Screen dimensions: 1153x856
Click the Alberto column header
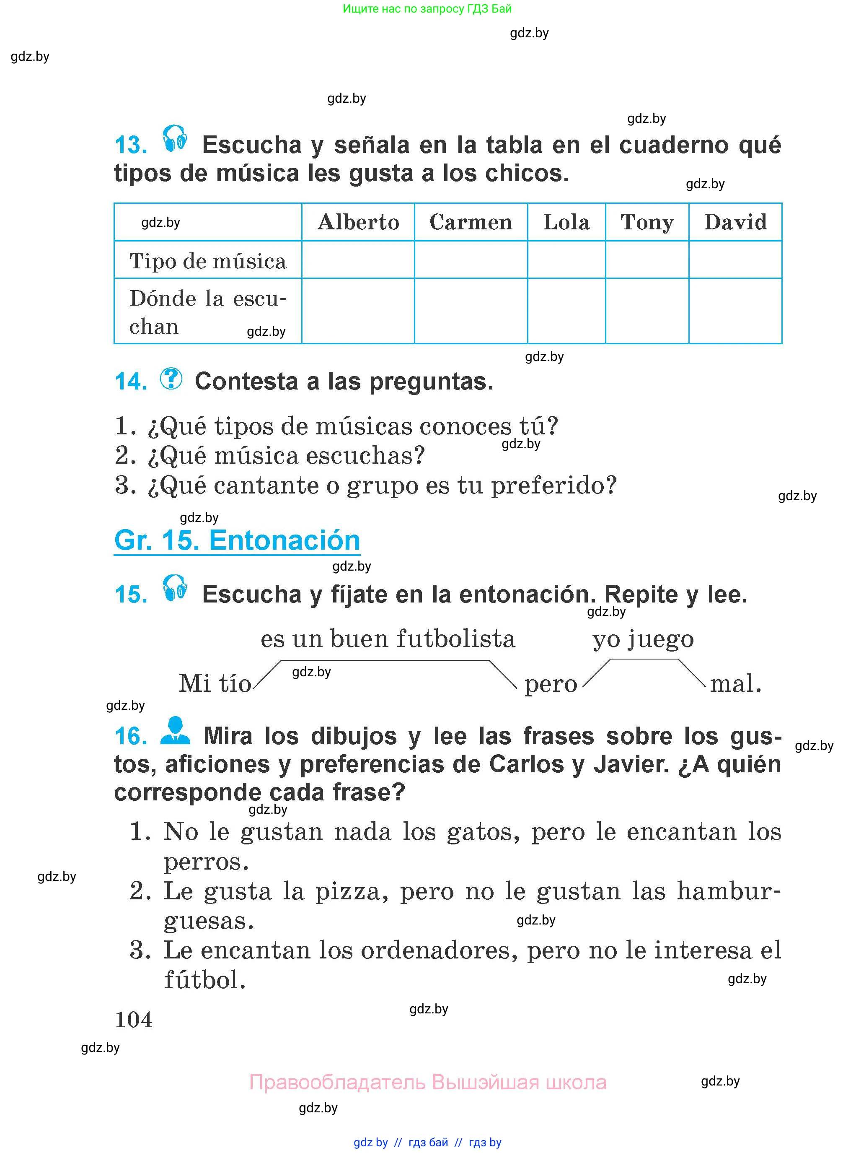click(x=358, y=222)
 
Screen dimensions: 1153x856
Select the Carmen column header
click(x=471, y=222)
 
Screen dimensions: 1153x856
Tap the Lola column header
click(x=566, y=222)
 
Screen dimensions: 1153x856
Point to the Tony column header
click(x=647, y=222)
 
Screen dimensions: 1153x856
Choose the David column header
click(x=735, y=222)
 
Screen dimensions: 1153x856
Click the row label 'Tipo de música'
click(x=207, y=261)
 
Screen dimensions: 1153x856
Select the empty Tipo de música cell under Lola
click(x=566, y=260)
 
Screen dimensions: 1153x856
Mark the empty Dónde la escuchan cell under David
click(x=735, y=311)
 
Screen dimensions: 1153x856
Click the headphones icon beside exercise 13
click(x=175, y=138)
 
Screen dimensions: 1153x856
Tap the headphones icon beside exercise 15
click(x=175, y=587)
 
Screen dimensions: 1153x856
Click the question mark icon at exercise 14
click(x=171, y=379)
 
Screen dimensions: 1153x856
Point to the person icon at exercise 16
click(x=175, y=730)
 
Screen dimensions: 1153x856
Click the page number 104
click(x=134, y=1020)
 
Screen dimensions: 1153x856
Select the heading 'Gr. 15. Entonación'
click(x=237, y=540)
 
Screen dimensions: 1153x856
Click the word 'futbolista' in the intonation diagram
click(x=455, y=638)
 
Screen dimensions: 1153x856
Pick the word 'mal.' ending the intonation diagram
click(x=735, y=683)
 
